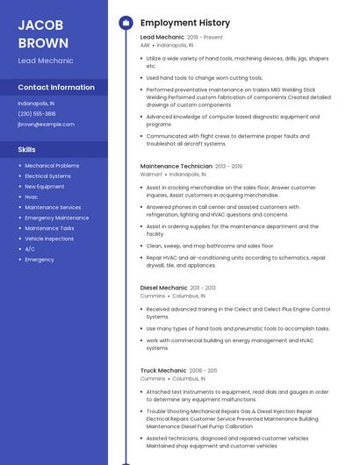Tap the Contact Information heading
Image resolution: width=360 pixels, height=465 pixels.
[x=56, y=87]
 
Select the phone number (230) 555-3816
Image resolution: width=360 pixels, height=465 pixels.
[x=37, y=113]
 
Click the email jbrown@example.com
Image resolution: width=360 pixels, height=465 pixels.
[x=46, y=124]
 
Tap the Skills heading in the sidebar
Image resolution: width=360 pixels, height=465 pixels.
[x=27, y=149]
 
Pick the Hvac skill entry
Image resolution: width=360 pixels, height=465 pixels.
[x=31, y=197]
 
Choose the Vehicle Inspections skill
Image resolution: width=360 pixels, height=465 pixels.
[x=49, y=239]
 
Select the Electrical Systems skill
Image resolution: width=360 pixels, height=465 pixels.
[x=48, y=175]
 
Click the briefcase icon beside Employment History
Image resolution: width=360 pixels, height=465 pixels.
[x=125, y=22]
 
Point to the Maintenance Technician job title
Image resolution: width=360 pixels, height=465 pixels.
[x=176, y=166]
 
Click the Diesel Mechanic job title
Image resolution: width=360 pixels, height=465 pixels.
[x=163, y=287]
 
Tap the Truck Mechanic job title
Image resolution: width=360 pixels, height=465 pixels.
[x=162, y=370]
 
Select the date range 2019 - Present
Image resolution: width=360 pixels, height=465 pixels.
[x=205, y=38]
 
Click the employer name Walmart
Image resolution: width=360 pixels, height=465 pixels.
[x=151, y=175]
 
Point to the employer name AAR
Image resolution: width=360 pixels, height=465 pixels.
[x=146, y=45]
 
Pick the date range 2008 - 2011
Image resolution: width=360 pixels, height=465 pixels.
[x=203, y=371]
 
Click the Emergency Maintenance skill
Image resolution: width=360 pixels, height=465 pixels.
[x=57, y=218]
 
